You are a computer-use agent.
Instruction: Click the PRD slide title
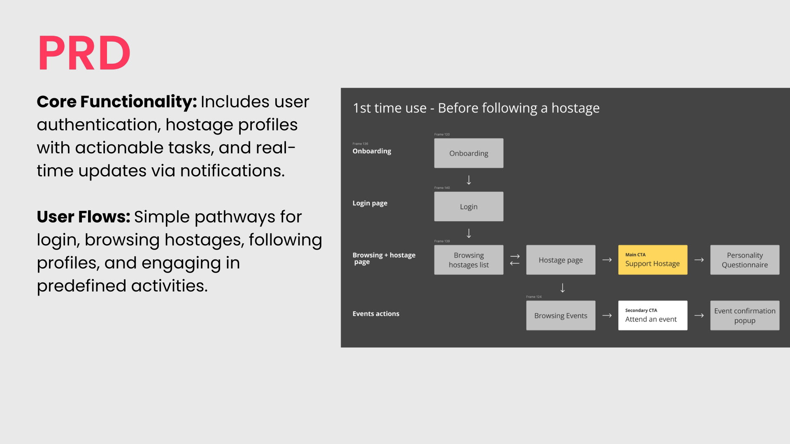tap(84, 53)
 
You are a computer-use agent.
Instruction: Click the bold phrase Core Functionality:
tap(116, 102)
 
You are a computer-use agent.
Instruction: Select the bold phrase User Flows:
tap(83, 217)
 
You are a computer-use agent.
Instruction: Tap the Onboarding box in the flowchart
tap(469, 153)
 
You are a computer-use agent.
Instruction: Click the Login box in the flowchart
tap(469, 207)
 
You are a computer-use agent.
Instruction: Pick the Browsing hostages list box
tap(469, 260)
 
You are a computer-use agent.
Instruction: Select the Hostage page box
tap(560, 260)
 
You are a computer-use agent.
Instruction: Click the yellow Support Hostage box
tap(653, 260)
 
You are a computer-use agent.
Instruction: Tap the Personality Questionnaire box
tap(745, 260)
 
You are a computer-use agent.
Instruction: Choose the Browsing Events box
tap(560, 316)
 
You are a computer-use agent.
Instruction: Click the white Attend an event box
tap(653, 316)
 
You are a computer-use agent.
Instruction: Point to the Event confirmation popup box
tap(745, 316)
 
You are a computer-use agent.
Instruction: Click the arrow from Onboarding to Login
tap(469, 180)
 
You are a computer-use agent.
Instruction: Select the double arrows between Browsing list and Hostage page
tap(515, 260)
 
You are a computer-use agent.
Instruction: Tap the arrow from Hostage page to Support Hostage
tap(607, 260)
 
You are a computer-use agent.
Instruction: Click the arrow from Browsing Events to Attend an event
tap(607, 316)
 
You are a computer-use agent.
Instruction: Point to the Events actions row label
tap(376, 314)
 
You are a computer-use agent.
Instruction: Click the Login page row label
tap(369, 203)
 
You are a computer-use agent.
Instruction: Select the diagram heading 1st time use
tap(476, 108)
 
